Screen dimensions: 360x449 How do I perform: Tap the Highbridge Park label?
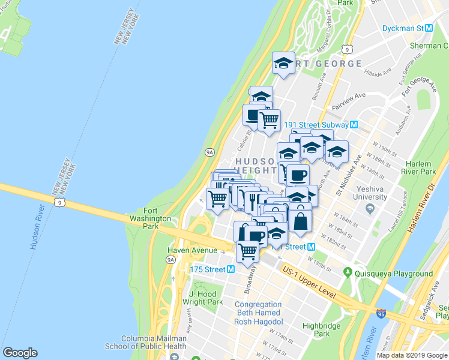(316, 329)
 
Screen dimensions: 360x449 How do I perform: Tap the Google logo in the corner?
(20, 353)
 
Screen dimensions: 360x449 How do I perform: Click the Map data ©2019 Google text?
(412, 355)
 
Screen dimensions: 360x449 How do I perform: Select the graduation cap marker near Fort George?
(283, 63)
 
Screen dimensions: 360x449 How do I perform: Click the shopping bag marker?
(300, 220)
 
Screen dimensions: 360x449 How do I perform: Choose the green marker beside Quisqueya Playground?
(347, 274)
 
